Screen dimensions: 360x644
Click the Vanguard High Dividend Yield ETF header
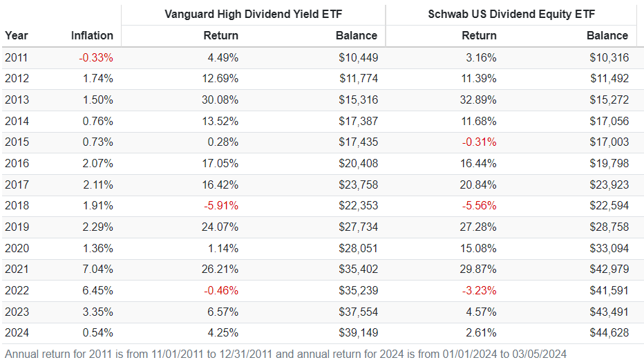click(253, 14)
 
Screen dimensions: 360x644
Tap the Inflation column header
click(92, 35)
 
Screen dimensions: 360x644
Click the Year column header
click(16, 35)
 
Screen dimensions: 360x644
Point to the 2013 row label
click(17, 100)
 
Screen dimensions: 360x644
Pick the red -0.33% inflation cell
click(96, 58)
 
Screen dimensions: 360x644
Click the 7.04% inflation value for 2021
click(98, 269)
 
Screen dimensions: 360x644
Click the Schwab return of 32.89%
click(479, 100)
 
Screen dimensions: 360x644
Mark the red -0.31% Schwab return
click(479, 142)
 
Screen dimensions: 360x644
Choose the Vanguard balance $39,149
click(358, 332)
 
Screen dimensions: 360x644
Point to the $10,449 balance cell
click(358, 58)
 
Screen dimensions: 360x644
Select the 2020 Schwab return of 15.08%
click(479, 248)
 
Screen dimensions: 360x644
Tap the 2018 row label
click(17, 206)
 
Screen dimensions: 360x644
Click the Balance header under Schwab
click(607, 35)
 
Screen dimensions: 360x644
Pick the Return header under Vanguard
click(221, 35)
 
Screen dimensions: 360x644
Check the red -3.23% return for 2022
click(479, 290)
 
